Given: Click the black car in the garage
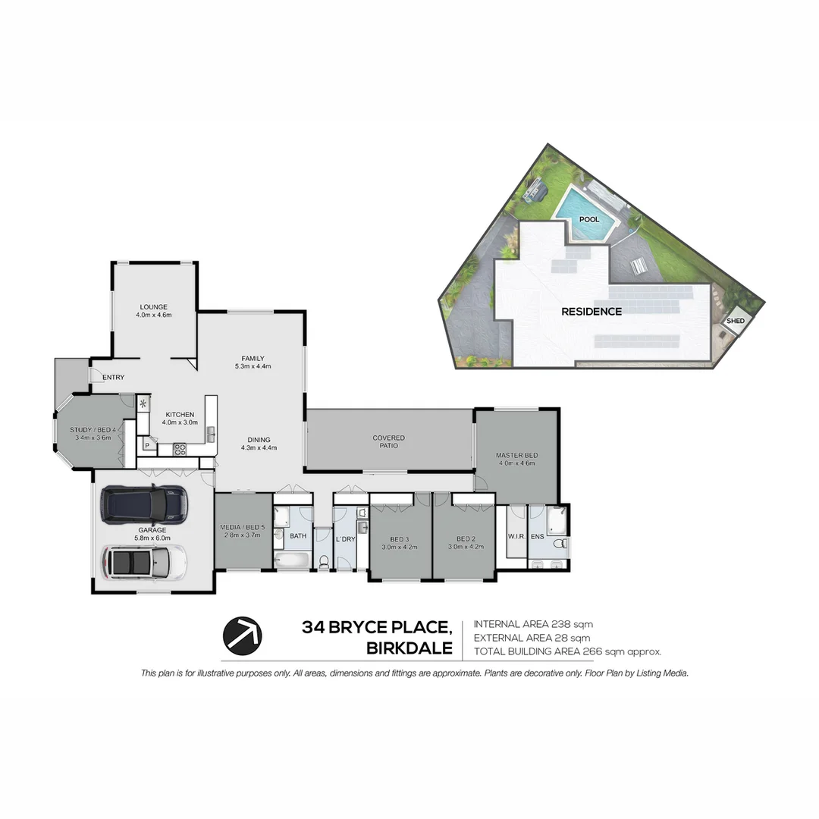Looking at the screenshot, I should point(143,504).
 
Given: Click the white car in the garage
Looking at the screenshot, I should point(144,562).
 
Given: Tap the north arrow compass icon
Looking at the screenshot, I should point(242,635).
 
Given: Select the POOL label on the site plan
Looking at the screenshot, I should point(589,220).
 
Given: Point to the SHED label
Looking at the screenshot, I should point(736,321).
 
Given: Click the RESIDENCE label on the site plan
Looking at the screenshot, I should point(591,312).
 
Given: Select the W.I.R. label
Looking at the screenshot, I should point(516,537).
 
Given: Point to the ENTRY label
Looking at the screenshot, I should point(113,377).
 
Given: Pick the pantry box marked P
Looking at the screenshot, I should point(146,445).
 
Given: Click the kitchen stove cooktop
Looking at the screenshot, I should point(180,448).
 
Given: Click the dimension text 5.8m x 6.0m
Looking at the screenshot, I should point(152,538).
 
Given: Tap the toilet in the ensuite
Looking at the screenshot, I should point(559,543).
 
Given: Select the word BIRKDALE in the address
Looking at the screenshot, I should point(409,648).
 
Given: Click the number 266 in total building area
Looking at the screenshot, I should point(584,651).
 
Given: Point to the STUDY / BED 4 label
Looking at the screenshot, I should point(93,430).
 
